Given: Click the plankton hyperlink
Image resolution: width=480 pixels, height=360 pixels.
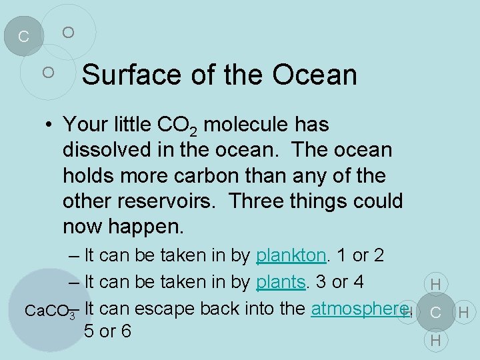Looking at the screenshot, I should click(x=291, y=255).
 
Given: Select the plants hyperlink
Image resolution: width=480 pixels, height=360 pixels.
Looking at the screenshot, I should click(x=280, y=282).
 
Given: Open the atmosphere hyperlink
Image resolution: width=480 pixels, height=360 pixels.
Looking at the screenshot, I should click(x=359, y=309).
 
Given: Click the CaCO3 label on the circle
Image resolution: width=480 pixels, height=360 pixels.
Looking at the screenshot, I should click(x=47, y=311).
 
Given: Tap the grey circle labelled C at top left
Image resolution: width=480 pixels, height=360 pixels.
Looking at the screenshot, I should click(x=23, y=36).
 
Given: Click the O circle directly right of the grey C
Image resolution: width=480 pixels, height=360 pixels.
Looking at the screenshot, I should click(x=68, y=32).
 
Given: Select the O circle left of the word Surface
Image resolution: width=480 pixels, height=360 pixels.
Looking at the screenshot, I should click(x=48, y=71).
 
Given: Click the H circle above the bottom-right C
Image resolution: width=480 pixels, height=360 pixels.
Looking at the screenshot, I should click(x=435, y=285).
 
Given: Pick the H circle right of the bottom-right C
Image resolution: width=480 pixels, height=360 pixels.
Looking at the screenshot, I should click(x=464, y=312).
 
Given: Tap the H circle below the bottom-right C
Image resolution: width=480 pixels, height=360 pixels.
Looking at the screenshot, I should click(x=435, y=340).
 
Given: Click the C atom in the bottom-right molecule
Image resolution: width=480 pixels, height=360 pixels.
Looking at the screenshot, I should click(x=435, y=312).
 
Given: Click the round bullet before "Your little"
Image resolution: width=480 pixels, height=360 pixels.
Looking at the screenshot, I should click(x=50, y=125).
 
